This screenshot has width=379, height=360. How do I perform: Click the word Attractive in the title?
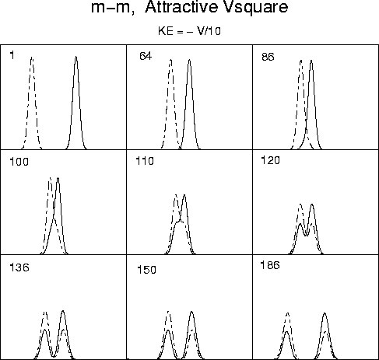click(x=181, y=7)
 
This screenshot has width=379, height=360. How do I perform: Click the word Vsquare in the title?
click(x=255, y=8)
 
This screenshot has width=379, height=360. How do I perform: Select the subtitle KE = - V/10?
click(x=189, y=31)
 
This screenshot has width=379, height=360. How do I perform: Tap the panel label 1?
click(x=12, y=55)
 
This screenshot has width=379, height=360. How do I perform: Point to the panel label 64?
click(x=146, y=56)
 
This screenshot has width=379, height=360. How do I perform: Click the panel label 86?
click(x=268, y=57)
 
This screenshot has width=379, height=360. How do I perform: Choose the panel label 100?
click(x=19, y=162)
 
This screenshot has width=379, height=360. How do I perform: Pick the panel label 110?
click(x=145, y=161)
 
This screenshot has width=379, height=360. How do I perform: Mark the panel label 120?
click(x=270, y=160)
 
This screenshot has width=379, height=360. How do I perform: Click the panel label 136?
click(x=19, y=267)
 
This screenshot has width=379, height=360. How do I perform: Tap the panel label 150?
click(x=146, y=270)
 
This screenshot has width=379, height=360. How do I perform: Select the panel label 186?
click(x=270, y=265)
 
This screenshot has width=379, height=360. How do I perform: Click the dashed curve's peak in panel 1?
click(x=32, y=58)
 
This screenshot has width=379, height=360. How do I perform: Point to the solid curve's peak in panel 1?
click(x=76, y=57)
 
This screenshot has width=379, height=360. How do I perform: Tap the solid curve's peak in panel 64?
click(x=190, y=60)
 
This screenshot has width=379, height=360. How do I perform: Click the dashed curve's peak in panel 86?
click(x=301, y=61)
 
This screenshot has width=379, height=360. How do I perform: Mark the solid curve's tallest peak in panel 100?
click(x=58, y=178)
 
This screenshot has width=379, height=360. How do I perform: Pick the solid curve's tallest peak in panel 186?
click(x=325, y=313)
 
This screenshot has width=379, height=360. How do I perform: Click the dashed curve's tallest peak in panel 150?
click(x=169, y=311)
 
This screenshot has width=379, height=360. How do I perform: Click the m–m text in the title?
click(x=113, y=8)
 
